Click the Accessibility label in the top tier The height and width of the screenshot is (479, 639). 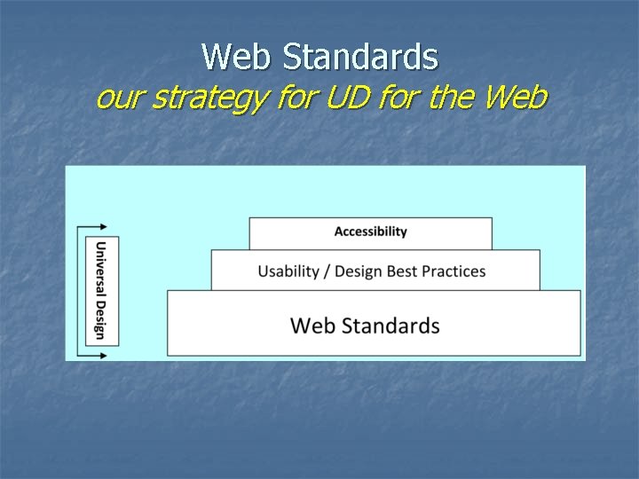point(370,232)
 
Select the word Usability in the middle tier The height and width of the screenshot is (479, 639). point(289,271)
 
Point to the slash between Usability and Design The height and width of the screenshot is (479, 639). point(328,271)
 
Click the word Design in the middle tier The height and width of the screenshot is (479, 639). point(363,271)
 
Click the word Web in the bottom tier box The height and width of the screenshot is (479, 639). point(312,326)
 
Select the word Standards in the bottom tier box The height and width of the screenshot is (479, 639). point(390,326)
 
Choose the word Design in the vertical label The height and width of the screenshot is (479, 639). point(100,318)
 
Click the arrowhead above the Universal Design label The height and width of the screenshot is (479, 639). point(103,226)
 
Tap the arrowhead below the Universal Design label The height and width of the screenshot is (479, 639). point(103,355)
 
